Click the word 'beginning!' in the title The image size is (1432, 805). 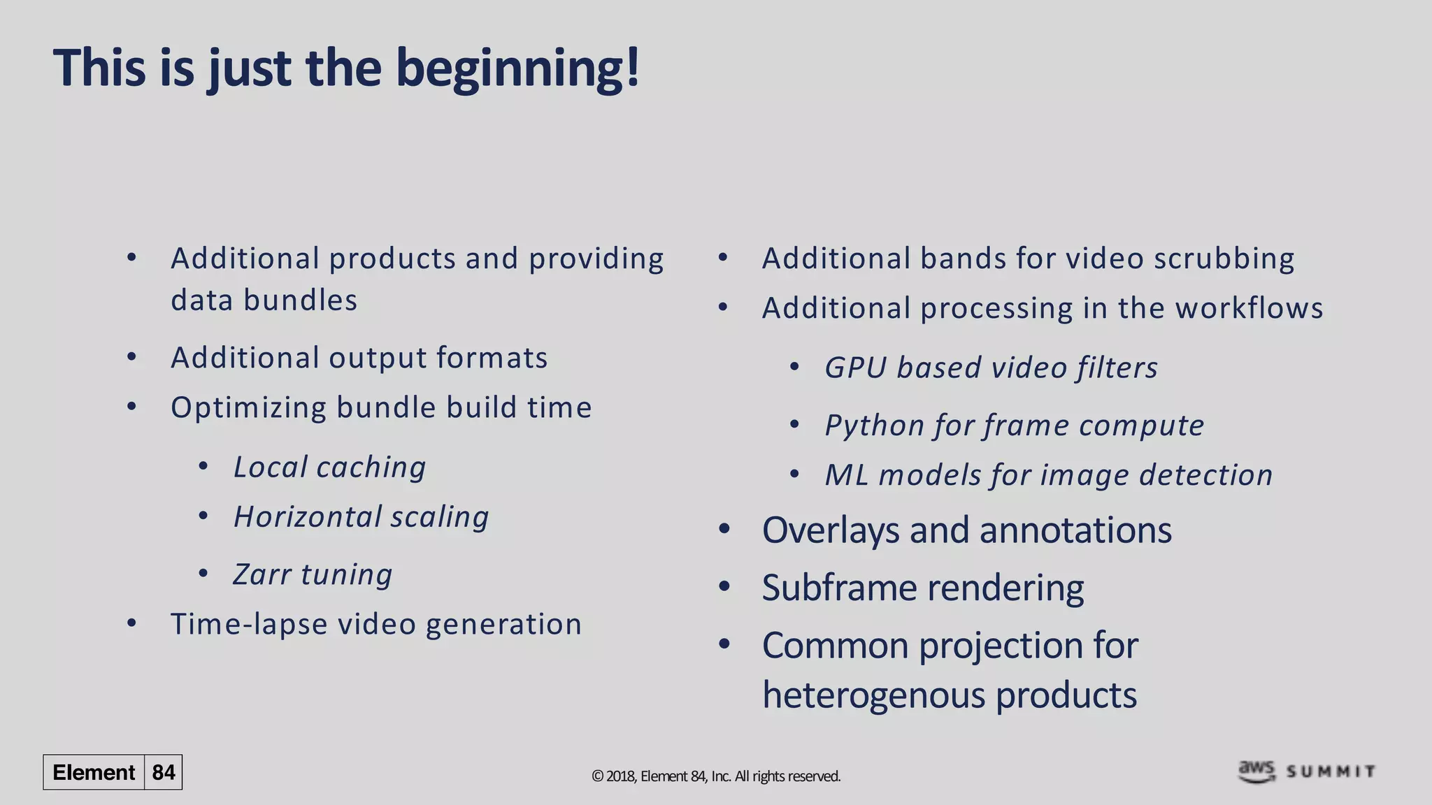[517, 68]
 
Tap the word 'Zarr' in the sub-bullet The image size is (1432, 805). [262, 574]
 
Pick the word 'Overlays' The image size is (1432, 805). [830, 530]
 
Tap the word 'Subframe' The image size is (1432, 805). [840, 588]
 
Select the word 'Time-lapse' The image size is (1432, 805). [249, 624]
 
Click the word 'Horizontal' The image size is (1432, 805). [306, 517]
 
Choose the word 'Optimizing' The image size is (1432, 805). [248, 407]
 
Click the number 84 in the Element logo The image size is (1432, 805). [164, 772]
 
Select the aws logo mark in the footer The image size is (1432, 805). [1256, 771]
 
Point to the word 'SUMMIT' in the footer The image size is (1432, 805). [1331, 772]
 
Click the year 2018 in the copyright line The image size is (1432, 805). [620, 776]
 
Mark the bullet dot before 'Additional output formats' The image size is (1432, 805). [132, 357]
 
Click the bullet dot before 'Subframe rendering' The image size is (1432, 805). [724, 587]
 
